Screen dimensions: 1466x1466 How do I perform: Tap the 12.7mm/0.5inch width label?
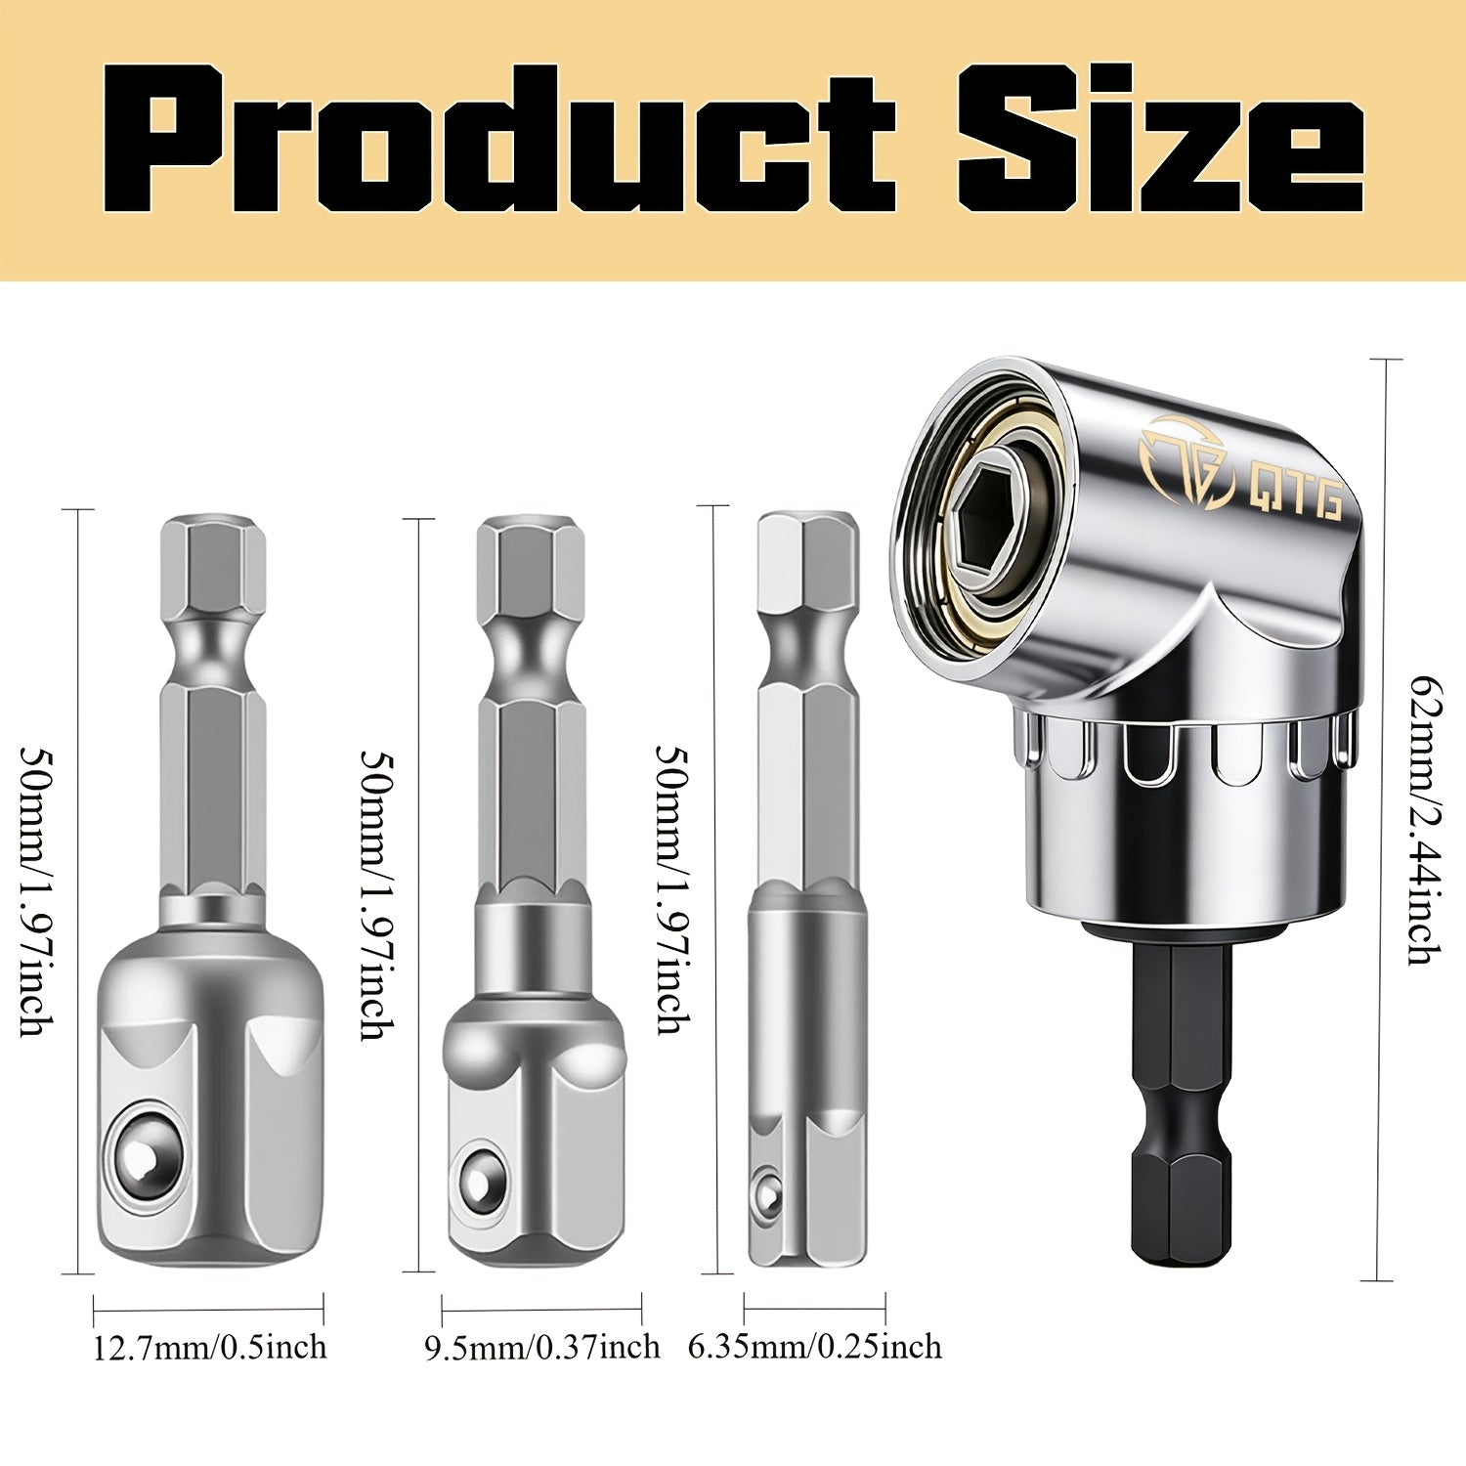209,1348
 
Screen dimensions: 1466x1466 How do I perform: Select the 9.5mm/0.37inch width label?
541,1349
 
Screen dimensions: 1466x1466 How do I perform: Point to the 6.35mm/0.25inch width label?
815,1348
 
